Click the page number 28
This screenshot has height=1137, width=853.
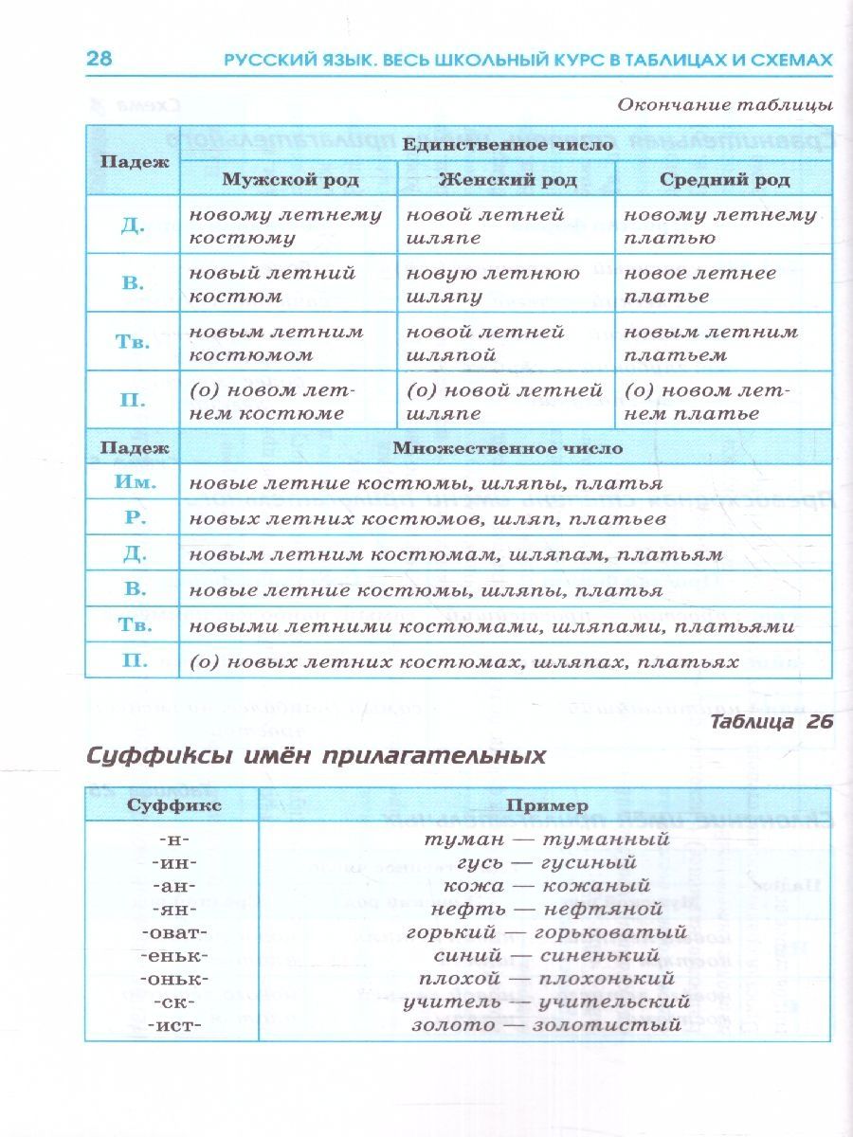pyautogui.click(x=100, y=59)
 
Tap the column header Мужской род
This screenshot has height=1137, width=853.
pyautogui.click(x=287, y=179)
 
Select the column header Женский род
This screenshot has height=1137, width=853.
pyautogui.click(x=506, y=179)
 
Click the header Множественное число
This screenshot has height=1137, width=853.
pyautogui.click(x=507, y=448)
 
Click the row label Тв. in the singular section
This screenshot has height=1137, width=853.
pyautogui.click(x=134, y=342)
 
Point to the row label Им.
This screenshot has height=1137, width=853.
pyautogui.click(x=134, y=482)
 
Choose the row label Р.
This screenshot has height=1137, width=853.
pyautogui.click(x=134, y=517)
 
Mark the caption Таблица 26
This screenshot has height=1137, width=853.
pyautogui.click(x=770, y=721)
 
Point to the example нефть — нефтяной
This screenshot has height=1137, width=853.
pyautogui.click(x=545, y=910)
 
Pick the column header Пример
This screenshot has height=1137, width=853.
pyautogui.click(x=545, y=804)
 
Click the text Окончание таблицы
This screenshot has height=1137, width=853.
pyautogui.click(x=725, y=104)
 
